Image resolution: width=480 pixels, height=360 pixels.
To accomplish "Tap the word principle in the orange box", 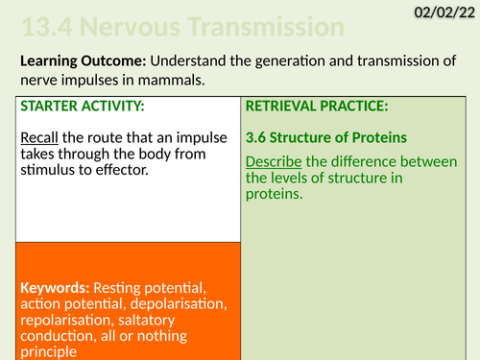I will pos(48,352).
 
